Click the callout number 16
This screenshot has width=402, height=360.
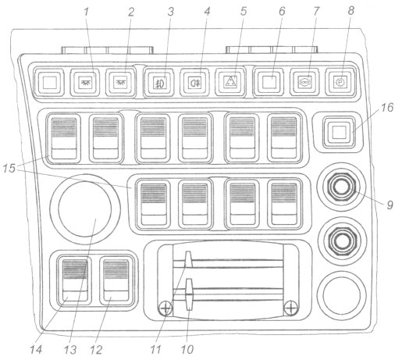click(387, 108)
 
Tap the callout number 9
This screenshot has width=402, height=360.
click(390, 205)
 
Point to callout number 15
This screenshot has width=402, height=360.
click(9, 168)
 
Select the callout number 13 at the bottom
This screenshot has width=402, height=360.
click(70, 350)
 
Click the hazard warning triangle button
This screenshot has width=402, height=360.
click(230, 82)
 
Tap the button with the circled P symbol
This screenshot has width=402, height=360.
click(341, 82)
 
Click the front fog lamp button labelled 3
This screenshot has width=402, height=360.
click(159, 82)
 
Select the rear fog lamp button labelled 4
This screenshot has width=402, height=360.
click(195, 82)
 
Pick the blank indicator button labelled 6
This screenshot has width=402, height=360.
click(269, 82)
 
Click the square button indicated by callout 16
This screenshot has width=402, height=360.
click(339, 132)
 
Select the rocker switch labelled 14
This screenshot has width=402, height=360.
click(75, 280)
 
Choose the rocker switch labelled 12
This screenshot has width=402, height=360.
click(116, 280)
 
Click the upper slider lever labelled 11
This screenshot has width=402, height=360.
click(188, 260)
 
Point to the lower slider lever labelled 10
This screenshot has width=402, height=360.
click(189, 294)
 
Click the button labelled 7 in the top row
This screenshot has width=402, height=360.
click(305, 82)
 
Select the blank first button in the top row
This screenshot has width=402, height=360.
click(49, 82)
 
